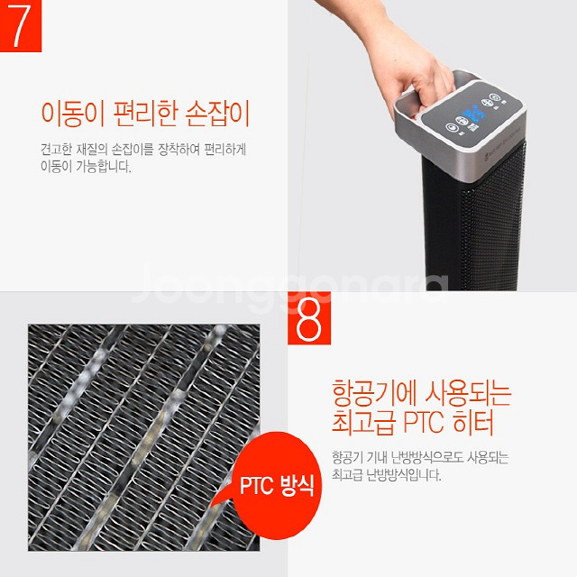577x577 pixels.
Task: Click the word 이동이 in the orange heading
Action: click(73, 114)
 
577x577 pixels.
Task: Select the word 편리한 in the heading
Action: click(149, 114)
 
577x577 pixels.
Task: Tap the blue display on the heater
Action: click(476, 115)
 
